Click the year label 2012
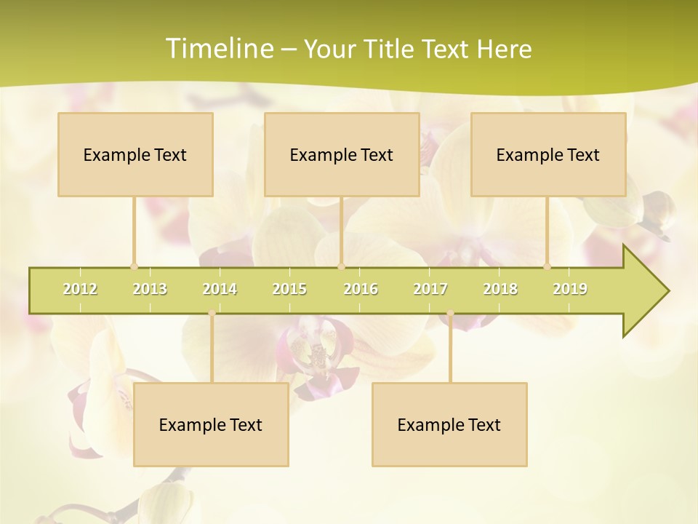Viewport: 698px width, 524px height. tap(80, 289)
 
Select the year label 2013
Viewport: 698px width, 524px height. tap(150, 289)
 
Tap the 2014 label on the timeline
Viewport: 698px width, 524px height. tap(220, 289)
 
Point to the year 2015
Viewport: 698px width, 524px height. tap(289, 289)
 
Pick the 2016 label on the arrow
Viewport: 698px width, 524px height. tap(361, 289)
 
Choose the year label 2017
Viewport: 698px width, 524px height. tap(430, 289)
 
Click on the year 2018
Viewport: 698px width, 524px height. tap(500, 289)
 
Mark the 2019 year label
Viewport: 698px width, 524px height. tap(570, 289)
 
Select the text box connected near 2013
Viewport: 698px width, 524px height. tap(135, 154)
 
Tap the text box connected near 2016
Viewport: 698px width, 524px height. tap(342, 154)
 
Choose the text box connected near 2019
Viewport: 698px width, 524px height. tap(548, 154)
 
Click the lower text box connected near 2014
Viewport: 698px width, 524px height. tap(211, 424)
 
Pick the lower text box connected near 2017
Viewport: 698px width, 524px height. tap(449, 424)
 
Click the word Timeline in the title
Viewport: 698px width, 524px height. tap(218, 49)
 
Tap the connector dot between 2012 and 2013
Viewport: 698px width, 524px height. tap(134, 266)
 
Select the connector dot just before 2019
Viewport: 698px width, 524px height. tap(547, 266)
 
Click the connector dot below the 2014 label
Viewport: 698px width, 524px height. tap(212, 313)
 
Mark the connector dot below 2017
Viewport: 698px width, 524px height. tap(450, 313)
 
